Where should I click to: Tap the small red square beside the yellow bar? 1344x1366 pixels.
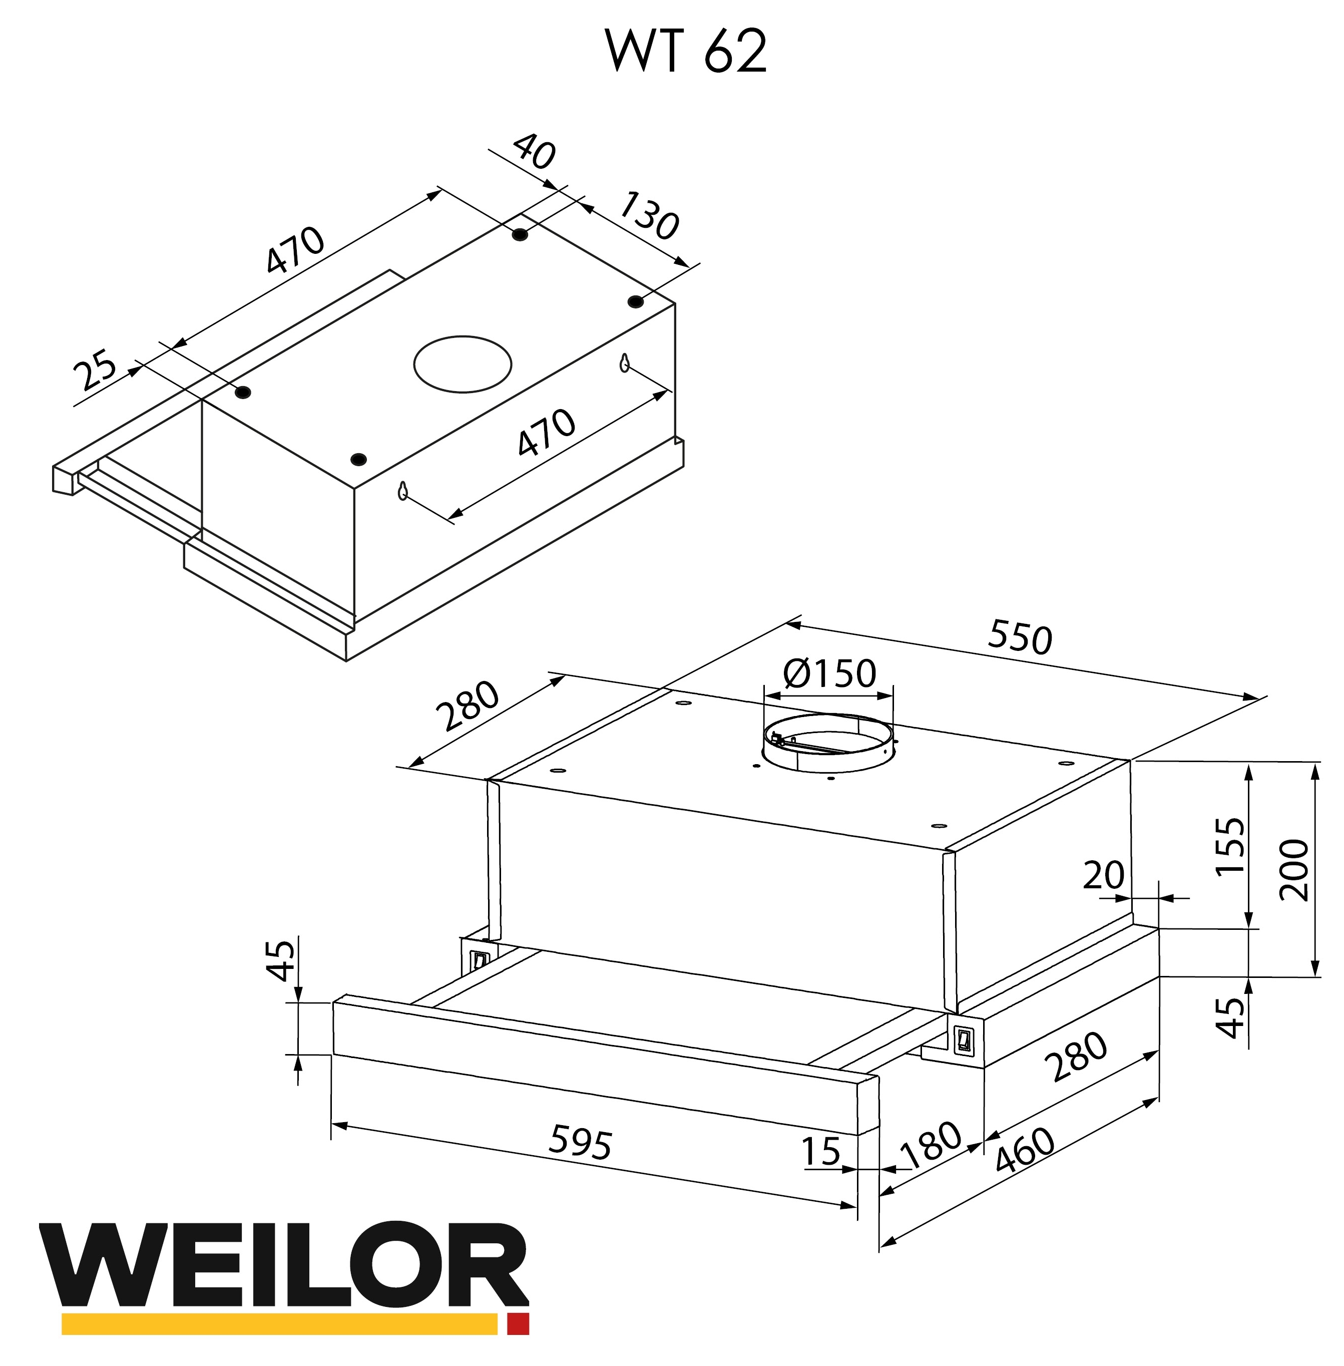point(518,1323)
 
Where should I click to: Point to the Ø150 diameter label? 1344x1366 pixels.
point(829,673)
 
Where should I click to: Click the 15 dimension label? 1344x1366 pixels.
point(821,1151)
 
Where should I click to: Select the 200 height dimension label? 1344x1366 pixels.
point(1293,870)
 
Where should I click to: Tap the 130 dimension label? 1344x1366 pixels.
point(649,216)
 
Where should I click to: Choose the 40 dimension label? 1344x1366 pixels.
point(535,152)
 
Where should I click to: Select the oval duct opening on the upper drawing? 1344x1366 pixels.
point(463,364)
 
